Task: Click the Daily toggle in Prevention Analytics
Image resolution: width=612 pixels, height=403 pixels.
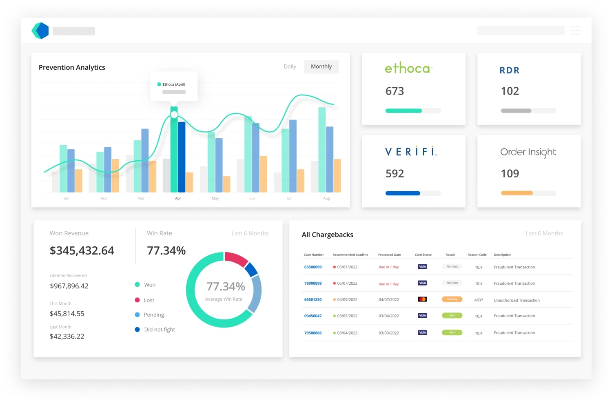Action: pos(290,66)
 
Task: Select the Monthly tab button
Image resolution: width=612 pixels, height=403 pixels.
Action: pos(321,66)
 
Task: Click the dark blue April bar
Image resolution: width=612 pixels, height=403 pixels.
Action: pos(182,157)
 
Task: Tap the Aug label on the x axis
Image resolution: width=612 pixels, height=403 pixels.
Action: pos(326,198)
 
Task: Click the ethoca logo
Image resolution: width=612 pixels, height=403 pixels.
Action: pos(408,68)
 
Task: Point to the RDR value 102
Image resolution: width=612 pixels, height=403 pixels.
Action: pos(510,91)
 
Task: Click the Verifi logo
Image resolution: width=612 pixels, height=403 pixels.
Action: pos(411,152)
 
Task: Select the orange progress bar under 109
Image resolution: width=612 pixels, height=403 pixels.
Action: pos(517,193)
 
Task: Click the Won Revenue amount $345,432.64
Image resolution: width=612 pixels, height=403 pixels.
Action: pos(82,250)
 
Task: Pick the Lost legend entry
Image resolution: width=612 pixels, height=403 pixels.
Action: pos(149,300)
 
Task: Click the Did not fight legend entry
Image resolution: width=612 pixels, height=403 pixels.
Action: pos(159,330)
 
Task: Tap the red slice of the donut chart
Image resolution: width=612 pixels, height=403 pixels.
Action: pos(236,259)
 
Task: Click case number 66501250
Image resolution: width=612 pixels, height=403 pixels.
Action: pos(313,299)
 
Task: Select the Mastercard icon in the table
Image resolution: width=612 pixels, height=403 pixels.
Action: pos(422,299)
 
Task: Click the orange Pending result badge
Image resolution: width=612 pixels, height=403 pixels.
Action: pos(452,299)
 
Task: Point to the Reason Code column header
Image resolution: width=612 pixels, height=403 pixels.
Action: pos(477,255)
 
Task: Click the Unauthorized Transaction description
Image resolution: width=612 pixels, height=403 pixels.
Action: pos(517,300)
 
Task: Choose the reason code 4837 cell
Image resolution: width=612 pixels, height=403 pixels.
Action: pos(479,300)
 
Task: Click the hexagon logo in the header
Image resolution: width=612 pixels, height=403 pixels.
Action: pos(40,31)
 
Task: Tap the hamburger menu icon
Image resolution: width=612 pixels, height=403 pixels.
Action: pos(575,31)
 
